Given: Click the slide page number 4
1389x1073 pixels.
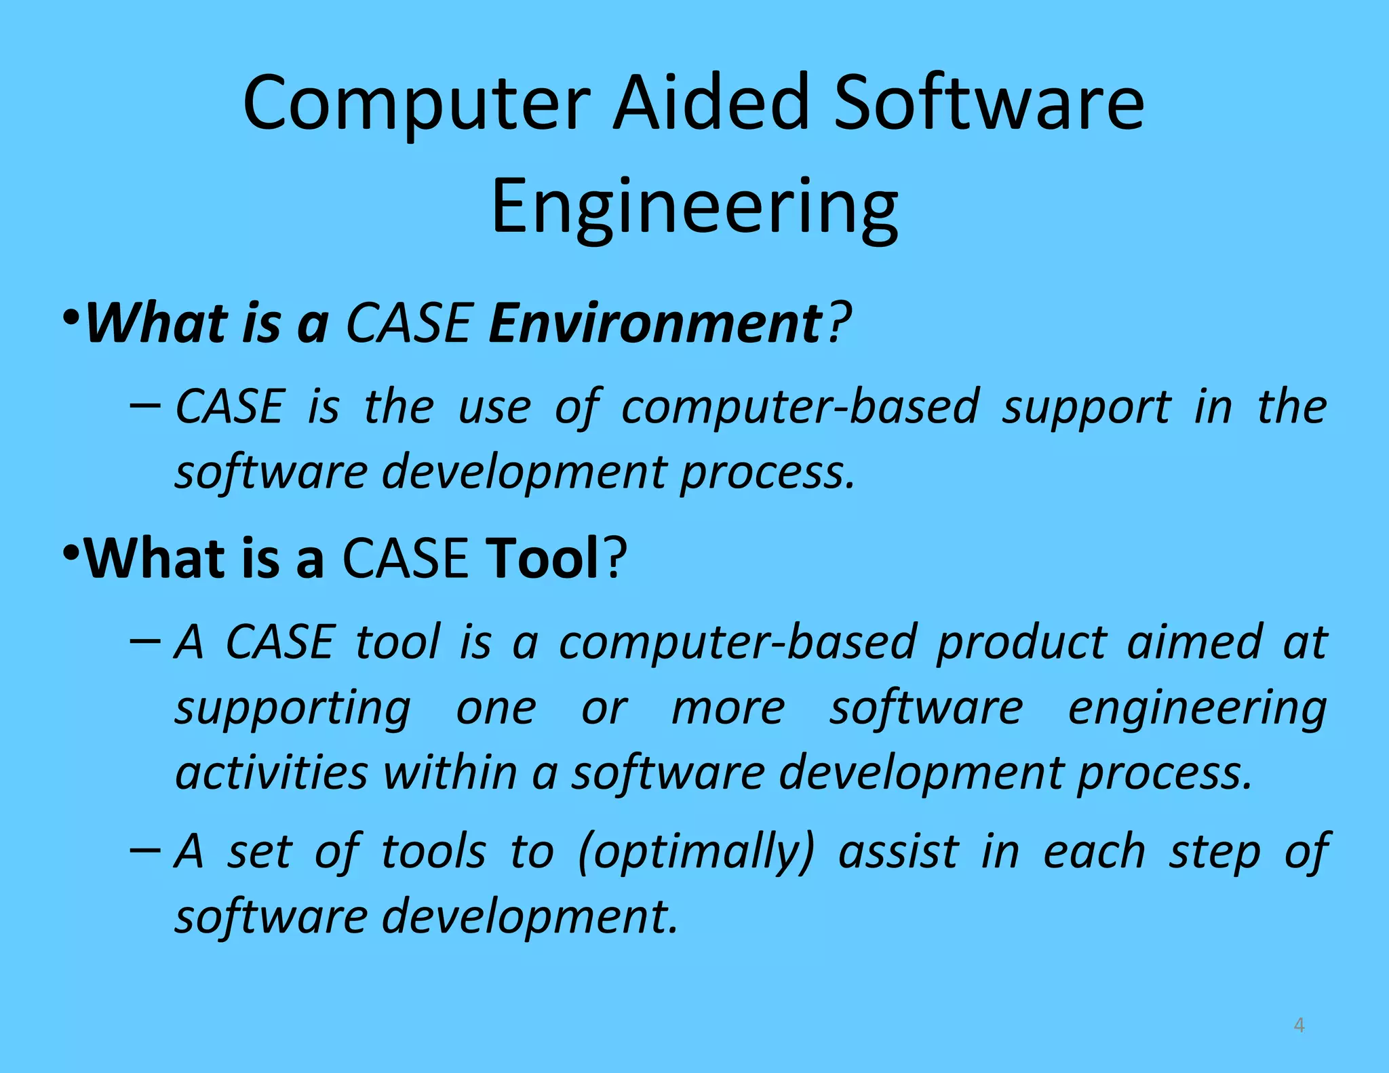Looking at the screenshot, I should point(1299,1025).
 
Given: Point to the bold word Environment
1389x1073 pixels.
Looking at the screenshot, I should point(655,324).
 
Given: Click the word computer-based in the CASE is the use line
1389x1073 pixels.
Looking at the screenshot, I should point(800,407).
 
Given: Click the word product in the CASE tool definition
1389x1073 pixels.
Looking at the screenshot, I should point(1021,642).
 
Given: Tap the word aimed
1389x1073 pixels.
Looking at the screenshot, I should point(1194,642).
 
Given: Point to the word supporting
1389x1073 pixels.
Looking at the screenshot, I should point(292,709).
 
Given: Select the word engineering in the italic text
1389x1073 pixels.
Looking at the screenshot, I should point(1197,709).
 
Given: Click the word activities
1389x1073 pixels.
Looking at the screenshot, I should point(271,773).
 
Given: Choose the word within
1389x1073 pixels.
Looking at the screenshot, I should point(450,773).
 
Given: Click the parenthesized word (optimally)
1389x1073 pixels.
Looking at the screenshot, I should point(695,852).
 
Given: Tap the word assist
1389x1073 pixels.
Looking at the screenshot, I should point(899,852).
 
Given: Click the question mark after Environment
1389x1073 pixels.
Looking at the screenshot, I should point(839,324).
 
